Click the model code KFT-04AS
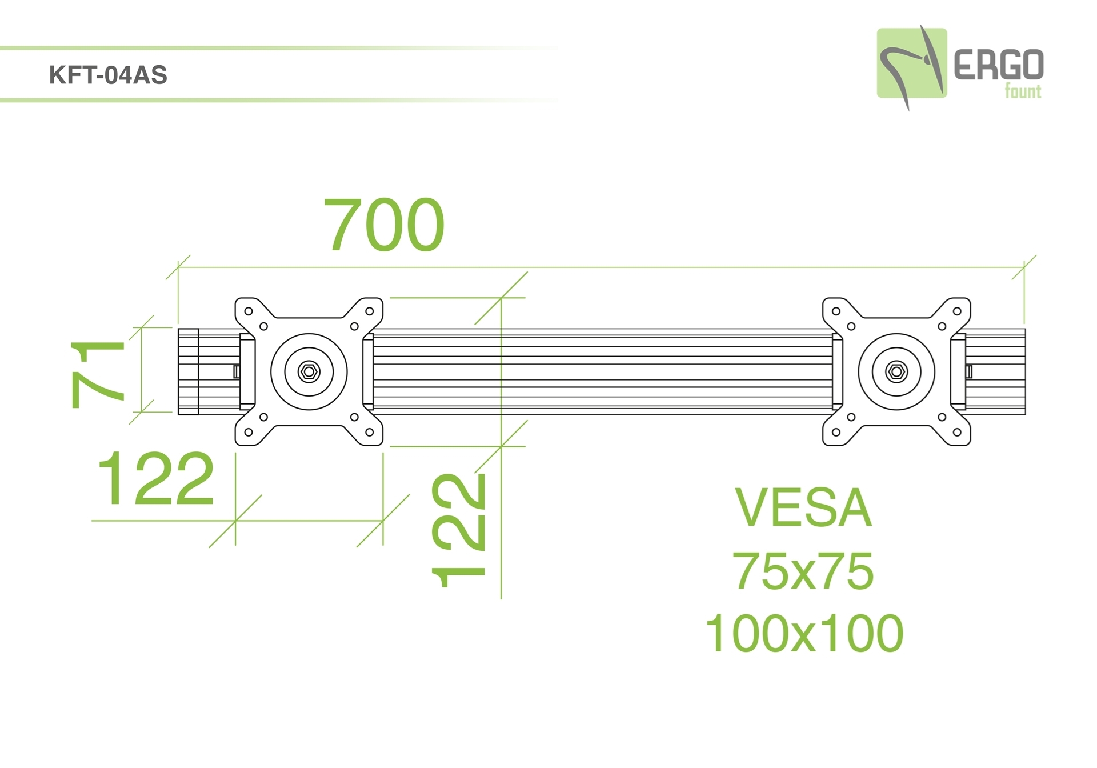pyautogui.click(x=108, y=75)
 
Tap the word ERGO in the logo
pyautogui.click(x=999, y=65)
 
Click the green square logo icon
pyautogui.click(x=912, y=63)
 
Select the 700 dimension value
pyautogui.click(x=384, y=224)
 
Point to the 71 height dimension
pyautogui.click(x=97, y=374)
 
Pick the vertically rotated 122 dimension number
pyautogui.click(x=458, y=531)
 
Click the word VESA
pyautogui.click(x=803, y=507)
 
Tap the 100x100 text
pyautogui.click(x=804, y=633)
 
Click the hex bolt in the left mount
pyautogui.click(x=309, y=372)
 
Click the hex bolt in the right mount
pyautogui.click(x=896, y=372)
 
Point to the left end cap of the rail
pyautogui.click(x=188, y=371)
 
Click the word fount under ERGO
pyautogui.click(x=1023, y=91)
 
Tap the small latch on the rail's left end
pyautogui.click(x=237, y=372)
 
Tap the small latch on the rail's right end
pyautogui.click(x=969, y=372)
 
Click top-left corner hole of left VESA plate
pyautogui.click(x=249, y=311)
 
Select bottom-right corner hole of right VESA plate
pyautogui.click(x=957, y=433)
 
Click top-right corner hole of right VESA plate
pyautogui.click(x=957, y=311)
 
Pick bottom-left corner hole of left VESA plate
pyautogui.click(x=249, y=433)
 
